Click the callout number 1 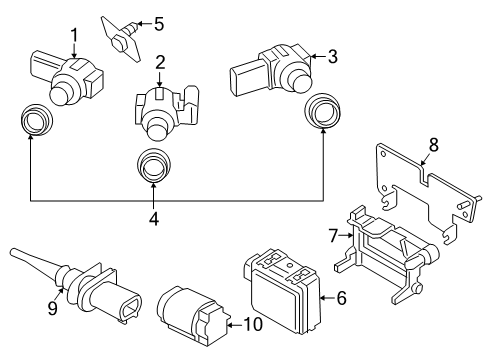pyautogui.click(x=73, y=36)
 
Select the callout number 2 pyautogui.click(x=160, y=62)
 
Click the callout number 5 pyautogui.click(x=157, y=22)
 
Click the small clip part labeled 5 pyautogui.click(x=121, y=33)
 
